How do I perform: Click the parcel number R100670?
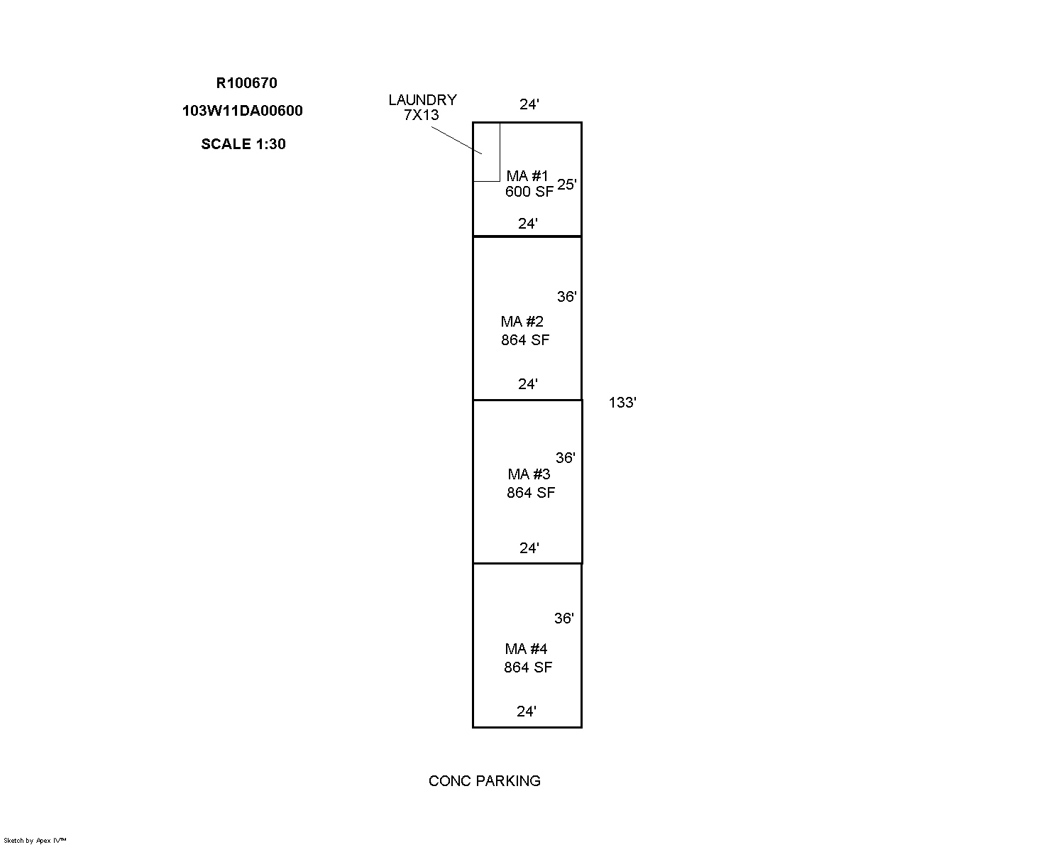point(246,83)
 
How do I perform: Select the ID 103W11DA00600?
point(243,111)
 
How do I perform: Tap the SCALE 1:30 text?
point(243,144)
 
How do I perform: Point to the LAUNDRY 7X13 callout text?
point(422,107)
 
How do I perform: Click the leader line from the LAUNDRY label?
point(456,141)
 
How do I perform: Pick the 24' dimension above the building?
point(529,104)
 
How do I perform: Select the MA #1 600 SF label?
point(529,184)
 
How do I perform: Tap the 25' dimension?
point(567,185)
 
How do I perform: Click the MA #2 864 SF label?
point(524,330)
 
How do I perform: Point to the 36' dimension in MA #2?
point(567,297)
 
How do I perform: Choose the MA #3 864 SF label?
point(530,483)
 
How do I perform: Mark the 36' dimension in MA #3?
point(566,458)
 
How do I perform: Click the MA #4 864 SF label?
point(527,658)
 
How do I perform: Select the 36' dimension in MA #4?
point(563,618)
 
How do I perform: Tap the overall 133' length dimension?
point(622,403)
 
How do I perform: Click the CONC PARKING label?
point(484,781)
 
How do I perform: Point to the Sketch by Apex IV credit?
point(35,840)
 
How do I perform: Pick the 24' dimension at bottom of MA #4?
point(527,712)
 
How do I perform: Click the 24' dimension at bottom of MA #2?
point(528,384)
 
